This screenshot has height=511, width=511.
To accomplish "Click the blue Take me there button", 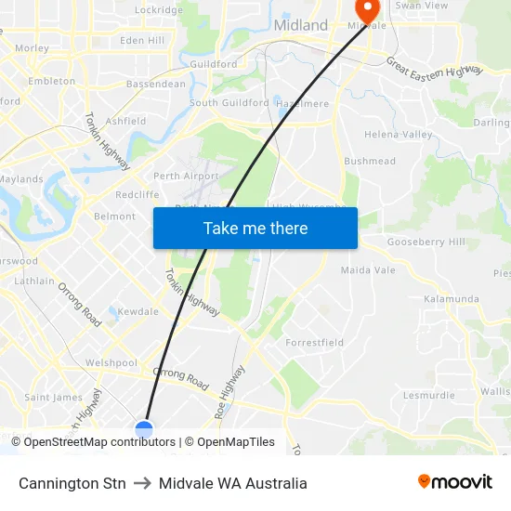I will coord(255,228).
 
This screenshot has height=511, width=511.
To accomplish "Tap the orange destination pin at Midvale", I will coord(368,9).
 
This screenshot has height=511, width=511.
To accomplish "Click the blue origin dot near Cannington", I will coord(144,428).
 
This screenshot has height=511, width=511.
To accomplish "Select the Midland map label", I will coord(301,25).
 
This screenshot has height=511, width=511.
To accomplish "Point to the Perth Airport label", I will coord(186,177).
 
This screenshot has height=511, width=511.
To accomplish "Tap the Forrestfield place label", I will coord(314,343).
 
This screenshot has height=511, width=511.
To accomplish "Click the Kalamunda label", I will coord(452,299).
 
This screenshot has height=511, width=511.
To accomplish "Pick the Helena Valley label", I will coord(399,135).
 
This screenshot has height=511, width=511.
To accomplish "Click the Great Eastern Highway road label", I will coord(435,67).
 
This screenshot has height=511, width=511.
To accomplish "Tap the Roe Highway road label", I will coord(229,391).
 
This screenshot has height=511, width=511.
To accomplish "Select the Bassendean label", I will coord(155,84).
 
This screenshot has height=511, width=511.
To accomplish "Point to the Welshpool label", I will coord(111,362).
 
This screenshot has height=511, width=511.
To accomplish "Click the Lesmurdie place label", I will coord(429,395).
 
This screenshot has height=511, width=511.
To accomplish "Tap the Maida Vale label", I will coord(368,270).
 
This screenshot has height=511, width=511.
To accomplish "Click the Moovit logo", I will coord(454,482).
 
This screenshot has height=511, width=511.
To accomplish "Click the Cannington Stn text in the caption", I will coord(72,483).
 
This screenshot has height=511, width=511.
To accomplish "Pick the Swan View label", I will coord(421,6).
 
